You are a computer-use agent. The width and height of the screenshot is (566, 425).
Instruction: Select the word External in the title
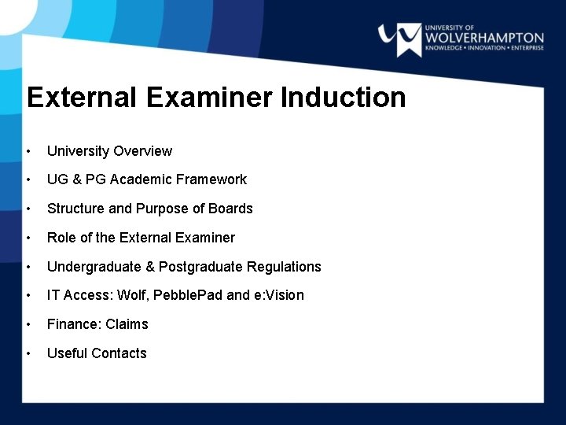(x=81, y=98)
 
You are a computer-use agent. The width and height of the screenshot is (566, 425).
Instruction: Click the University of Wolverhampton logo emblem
(x=399, y=39)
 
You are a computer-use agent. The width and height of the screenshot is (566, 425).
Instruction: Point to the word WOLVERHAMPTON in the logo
(x=484, y=37)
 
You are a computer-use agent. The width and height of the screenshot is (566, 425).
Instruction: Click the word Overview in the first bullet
(x=142, y=151)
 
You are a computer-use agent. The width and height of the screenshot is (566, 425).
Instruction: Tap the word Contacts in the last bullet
(x=119, y=353)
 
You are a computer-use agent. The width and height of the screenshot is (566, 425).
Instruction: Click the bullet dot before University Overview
(x=28, y=151)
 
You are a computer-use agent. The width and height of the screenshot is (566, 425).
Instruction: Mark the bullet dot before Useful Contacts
(x=28, y=353)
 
